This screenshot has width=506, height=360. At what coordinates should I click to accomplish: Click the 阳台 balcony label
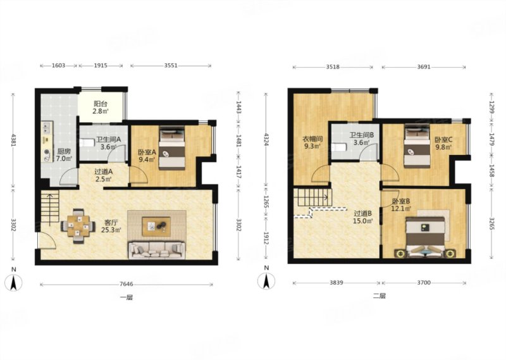(101, 104)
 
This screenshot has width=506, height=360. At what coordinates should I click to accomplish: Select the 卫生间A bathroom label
(108, 139)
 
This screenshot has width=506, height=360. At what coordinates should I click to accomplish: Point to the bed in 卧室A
(172, 148)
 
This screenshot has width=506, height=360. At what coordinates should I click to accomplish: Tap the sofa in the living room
(157, 250)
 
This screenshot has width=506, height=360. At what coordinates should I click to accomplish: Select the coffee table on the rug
(156, 224)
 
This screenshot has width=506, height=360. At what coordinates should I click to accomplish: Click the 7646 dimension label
(126, 284)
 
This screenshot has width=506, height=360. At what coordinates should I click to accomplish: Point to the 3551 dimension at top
(171, 66)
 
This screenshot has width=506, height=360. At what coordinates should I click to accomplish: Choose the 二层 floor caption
(379, 295)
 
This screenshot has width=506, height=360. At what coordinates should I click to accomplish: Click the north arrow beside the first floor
(13, 283)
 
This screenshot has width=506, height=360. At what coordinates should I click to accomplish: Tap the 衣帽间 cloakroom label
(312, 139)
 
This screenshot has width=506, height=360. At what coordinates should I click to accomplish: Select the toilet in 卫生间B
(339, 147)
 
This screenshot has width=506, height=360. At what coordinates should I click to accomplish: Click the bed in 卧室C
(417, 146)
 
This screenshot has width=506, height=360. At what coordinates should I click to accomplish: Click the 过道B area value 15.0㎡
(362, 221)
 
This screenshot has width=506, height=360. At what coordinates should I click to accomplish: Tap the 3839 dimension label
(336, 283)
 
